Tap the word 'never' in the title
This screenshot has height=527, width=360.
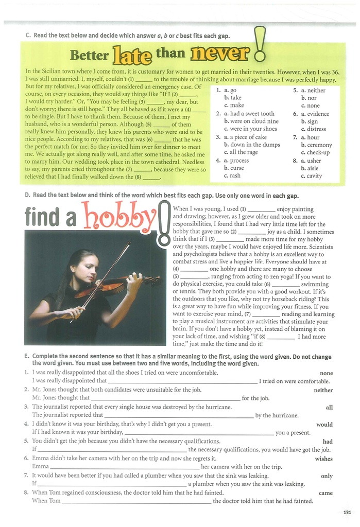(x=220, y=52)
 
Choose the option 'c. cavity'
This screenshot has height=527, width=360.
(x=311, y=176)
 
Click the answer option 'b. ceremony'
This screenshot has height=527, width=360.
(x=316, y=145)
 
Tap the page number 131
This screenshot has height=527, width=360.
(x=347, y=512)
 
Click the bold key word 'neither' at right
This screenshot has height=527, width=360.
(x=323, y=390)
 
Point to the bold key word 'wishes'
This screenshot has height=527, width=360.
(x=323, y=459)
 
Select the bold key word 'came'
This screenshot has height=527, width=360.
(x=325, y=493)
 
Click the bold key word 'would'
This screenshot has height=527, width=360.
(x=324, y=425)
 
